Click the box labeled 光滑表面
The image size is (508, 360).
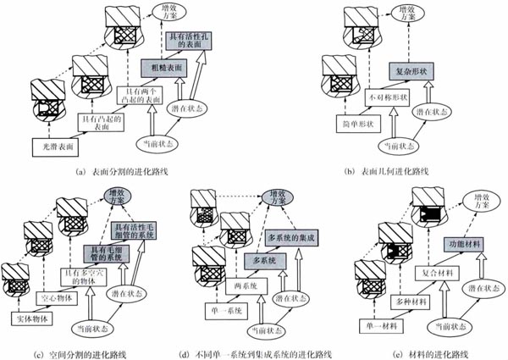pos(55,145)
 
